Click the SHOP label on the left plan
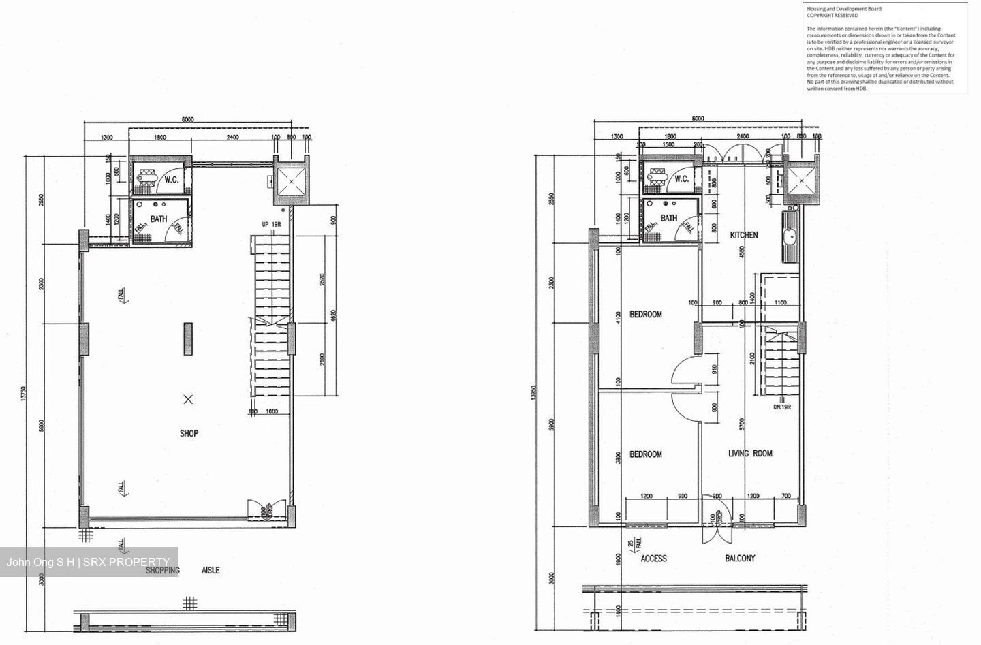click(189, 433)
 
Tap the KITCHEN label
click(744, 235)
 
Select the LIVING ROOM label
click(750, 454)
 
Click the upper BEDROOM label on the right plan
click(645, 315)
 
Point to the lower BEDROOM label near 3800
click(645, 454)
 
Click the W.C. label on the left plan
click(171, 180)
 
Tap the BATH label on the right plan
click(669, 218)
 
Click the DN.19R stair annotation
click(781, 407)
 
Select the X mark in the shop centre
click(188, 400)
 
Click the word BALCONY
click(740, 559)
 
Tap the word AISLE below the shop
click(211, 571)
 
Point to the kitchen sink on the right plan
click(790, 237)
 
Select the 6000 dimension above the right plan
click(698, 119)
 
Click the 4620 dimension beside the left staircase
click(333, 317)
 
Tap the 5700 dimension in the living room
click(741, 426)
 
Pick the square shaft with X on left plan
click(292, 182)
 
